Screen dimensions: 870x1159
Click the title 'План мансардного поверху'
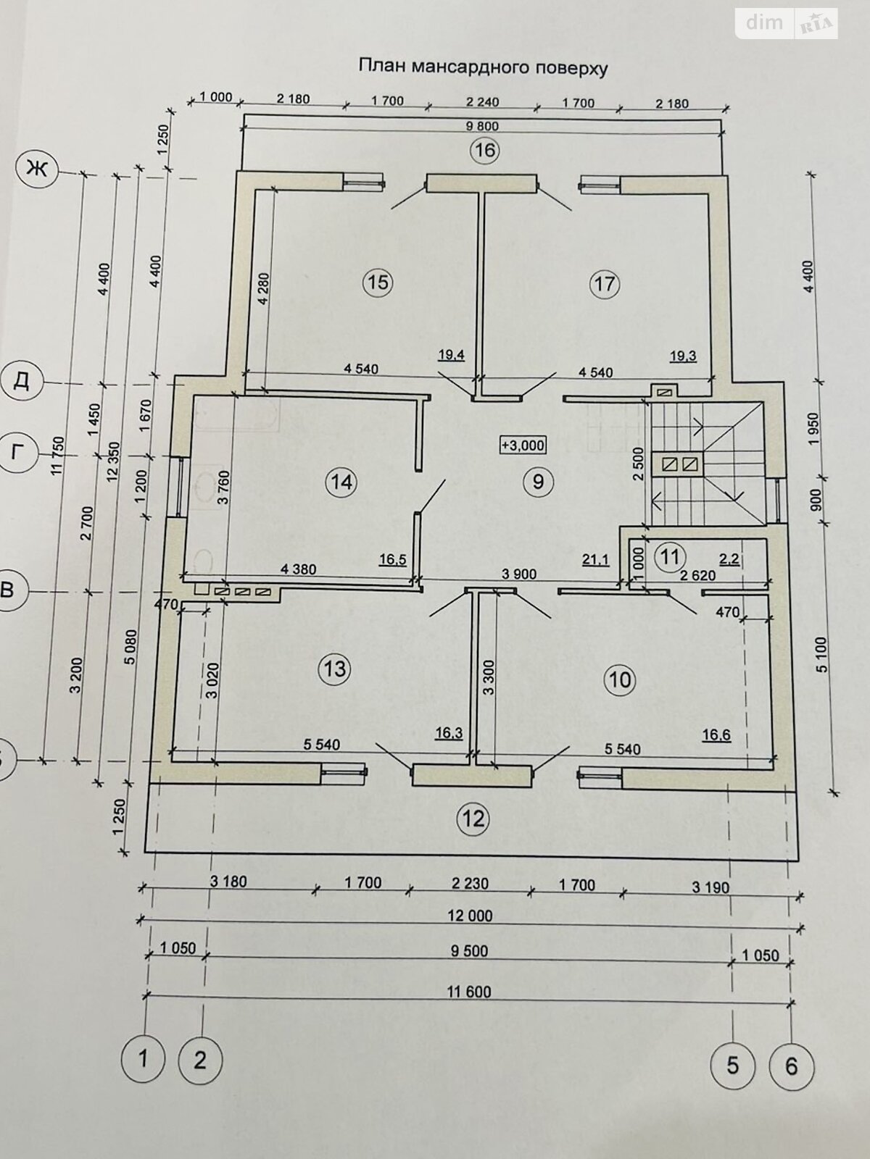click(484, 67)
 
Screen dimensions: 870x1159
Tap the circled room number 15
click(378, 282)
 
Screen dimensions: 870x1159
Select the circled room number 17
click(604, 284)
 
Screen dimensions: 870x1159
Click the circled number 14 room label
click(342, 482)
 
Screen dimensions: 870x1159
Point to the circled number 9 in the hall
click(538, 481)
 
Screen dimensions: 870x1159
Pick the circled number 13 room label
click(335, 669)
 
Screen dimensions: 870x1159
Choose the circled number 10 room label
click(620, 679)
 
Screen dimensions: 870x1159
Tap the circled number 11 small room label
click(670, 556)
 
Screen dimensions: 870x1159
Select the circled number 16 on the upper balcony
click(485, 151)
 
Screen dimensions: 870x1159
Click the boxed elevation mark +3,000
click(523, 445)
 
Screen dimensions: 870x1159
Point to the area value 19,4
click(450, 356)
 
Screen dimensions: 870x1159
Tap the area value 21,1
click(596, 560)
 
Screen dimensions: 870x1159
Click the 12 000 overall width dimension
click(470, 915)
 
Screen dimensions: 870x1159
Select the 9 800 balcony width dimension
click(481, 126)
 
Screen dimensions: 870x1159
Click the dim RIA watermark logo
click(787, 22)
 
